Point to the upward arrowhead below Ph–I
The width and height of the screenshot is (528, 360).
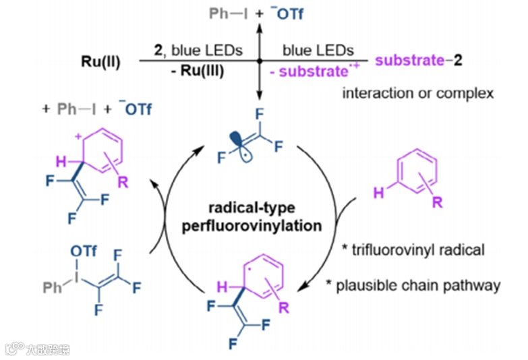pyautogui.click(x=260, y=26)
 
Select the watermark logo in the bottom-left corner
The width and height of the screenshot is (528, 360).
pyautogui.click(x=13, y=349)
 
